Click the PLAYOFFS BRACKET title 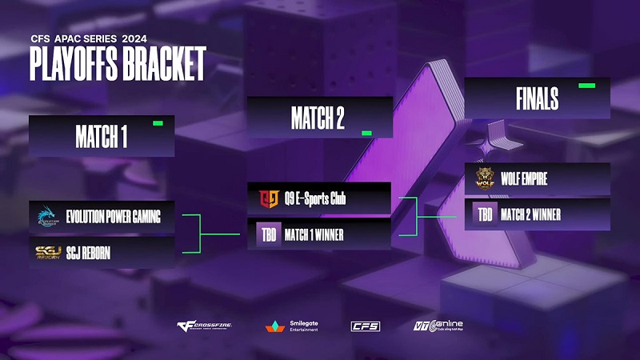pos(118,63)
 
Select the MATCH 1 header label pos(102,137)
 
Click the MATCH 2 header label pos(318,118)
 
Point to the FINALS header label pos(537,98)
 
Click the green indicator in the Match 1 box pos(158,123)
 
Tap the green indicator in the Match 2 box pos(367,133)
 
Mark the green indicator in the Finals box pos(586,84)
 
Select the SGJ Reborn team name pos(88,253)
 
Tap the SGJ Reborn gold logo pos(47,253)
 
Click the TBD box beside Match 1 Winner pos(268,235)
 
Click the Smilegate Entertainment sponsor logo pos(292,326)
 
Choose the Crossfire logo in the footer pos(205,326)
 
